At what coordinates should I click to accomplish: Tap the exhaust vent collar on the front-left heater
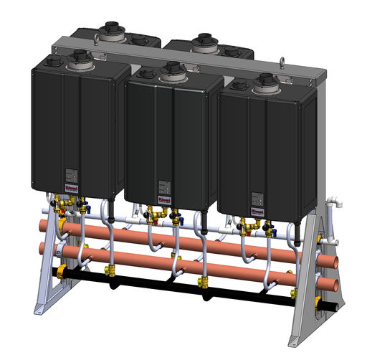tap(79, 57)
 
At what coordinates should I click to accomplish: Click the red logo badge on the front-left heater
tap(71, 189)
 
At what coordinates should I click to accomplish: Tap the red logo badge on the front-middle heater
tap(162, 201)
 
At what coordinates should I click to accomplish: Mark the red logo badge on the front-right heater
tap(257, 212)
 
